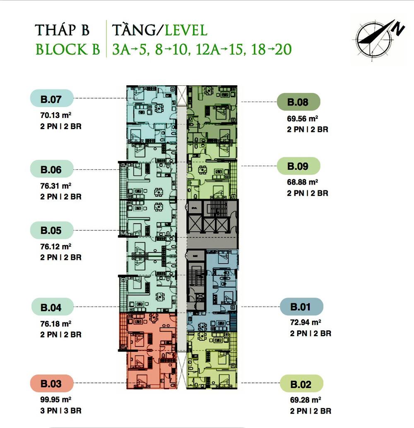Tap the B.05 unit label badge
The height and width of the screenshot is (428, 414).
pos(52,230)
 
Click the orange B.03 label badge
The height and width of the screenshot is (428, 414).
pos(52,383)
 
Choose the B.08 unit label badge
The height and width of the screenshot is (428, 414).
pos(298,102)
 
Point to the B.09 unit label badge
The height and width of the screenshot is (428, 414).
pos(298,166)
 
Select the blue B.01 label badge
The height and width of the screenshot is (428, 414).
pos(302,307)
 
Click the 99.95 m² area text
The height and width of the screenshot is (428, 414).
pos(56,399)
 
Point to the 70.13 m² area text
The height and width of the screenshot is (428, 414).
pos(56,115)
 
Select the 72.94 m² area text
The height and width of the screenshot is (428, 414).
pos(306,322)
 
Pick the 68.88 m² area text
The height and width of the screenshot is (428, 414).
pos(303,182)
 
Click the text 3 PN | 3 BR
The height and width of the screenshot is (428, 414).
pos(61,411)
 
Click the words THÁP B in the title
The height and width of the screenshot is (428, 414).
pos(62,30)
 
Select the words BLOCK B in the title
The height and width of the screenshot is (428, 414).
pos(68,49)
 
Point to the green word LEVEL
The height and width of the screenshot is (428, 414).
pos(186,30)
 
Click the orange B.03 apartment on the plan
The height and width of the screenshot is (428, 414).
pos(149,351)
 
